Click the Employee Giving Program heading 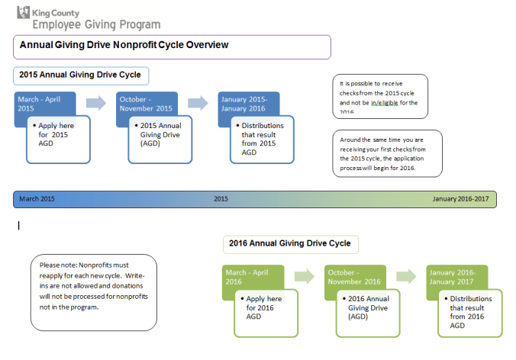pos(96,24)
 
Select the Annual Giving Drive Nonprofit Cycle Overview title pos(124,46)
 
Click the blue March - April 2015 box pos(44,103)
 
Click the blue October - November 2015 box pos(146,103)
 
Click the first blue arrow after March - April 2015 pos(95,103)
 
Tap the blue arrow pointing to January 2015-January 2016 pos(197,103)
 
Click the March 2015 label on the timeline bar pos(37,199)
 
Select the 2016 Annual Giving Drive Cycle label pos(290,243)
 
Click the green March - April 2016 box pos(252,276)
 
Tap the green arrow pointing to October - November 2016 pos(304,276)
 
